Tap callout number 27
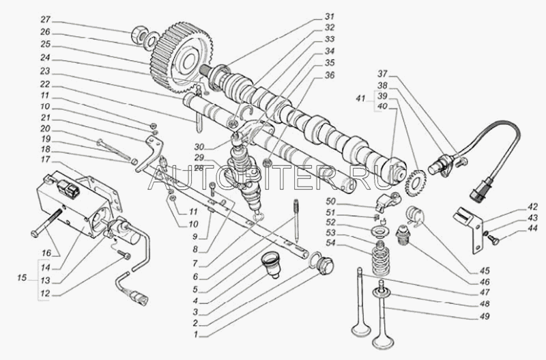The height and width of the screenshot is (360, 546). [x=45, y=19]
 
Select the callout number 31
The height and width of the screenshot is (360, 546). [x=330, y=16]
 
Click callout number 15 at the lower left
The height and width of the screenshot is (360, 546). [x=23, y=278]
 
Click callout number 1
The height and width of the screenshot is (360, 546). [x=197, y=335]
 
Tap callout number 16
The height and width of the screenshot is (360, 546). [x=46, y=251]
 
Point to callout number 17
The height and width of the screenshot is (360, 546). [x=45, y=160]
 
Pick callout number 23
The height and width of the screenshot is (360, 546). [x=45, y=70]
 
